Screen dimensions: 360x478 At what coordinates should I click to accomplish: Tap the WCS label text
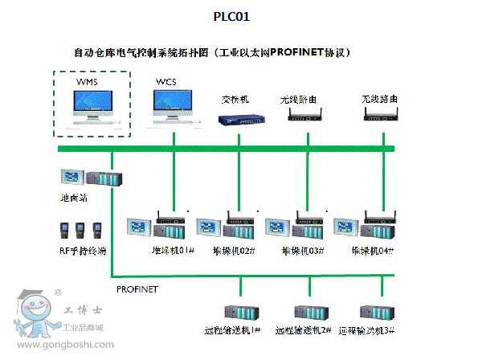click(x=166, y=82)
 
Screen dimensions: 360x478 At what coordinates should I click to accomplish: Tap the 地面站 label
click(x=76, y=197)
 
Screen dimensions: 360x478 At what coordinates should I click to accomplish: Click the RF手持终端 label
click(x=84, y=251)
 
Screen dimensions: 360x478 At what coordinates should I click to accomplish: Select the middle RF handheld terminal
click(x=80, y=231)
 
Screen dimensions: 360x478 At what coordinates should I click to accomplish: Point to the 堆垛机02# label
click(x=238, y=251)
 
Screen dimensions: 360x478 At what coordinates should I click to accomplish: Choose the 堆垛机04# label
click(x=373, y=251)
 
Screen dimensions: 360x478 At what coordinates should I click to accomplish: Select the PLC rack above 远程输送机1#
click(x=242, y=311)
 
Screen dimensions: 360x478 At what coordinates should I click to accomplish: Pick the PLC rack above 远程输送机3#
click(x=375, y=311)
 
